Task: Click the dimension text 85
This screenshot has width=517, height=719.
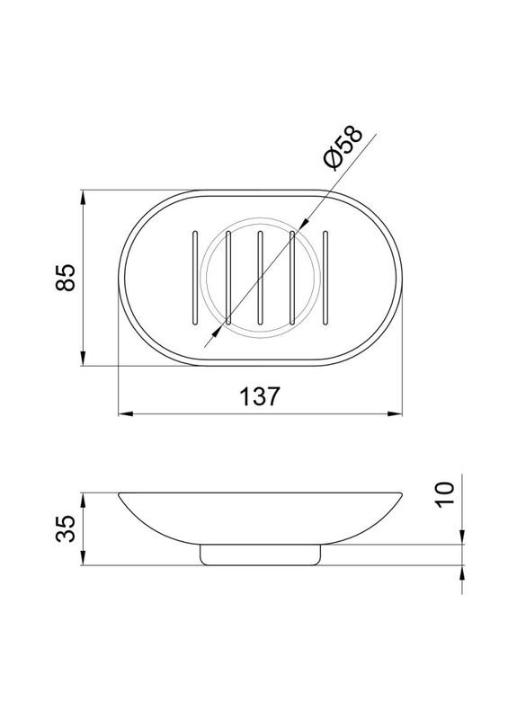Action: click(65, 278)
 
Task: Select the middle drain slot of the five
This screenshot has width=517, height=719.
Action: click(260, 277)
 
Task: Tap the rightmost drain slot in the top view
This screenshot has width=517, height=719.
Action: click(325, 277)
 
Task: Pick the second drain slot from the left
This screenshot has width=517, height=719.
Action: click(227, 277)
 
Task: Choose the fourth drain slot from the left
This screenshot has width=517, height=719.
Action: click(293, 277)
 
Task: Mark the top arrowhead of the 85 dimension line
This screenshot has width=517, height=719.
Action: click(83, 195)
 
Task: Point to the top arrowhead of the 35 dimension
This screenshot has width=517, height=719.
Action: click(83, 497)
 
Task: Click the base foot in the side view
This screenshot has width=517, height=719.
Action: click(261, 555)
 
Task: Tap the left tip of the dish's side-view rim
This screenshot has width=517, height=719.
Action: click(120, 493)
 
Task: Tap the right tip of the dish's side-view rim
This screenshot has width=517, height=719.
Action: click(402, 493)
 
